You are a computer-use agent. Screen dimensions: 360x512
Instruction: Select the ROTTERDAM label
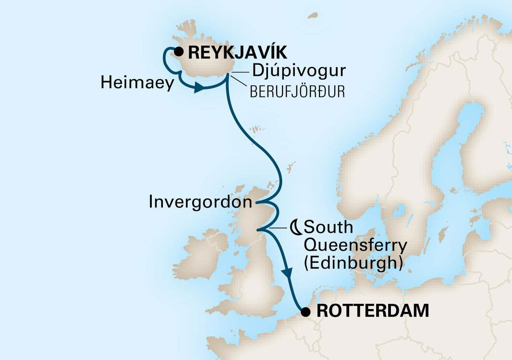pos(373,311)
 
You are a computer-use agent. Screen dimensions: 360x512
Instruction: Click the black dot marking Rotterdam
pos(305,312)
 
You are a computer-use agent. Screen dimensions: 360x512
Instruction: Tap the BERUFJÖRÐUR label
pos(297,92)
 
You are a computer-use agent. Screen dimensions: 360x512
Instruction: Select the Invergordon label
pos(200,202)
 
